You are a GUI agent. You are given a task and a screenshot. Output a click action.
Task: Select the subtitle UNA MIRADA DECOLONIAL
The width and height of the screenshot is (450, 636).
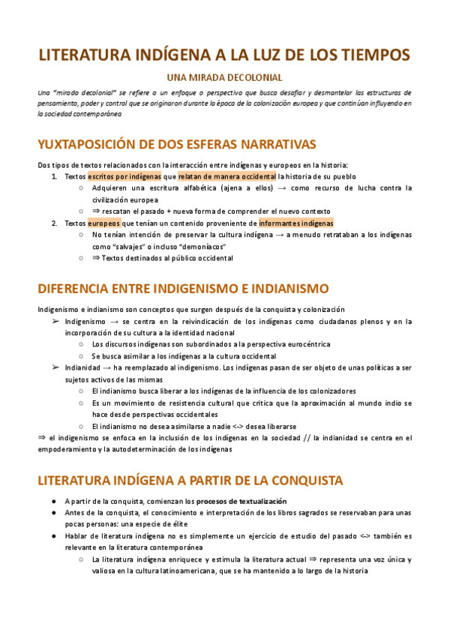point(224,77)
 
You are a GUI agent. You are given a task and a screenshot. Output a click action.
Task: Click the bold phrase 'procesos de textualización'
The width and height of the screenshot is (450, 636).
point(241,500)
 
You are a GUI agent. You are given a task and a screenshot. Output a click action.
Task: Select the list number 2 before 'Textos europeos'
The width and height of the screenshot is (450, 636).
point(54,223)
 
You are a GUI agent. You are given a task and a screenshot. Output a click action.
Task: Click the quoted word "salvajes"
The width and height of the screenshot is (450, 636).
point(127,247)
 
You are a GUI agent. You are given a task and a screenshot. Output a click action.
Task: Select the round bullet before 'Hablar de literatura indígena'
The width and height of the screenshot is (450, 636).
point(54,536)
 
